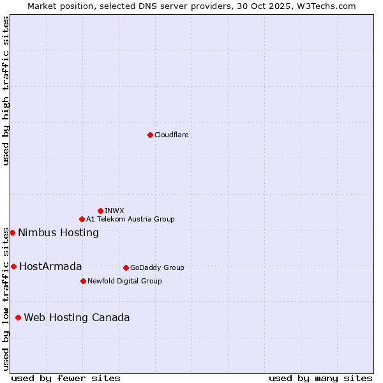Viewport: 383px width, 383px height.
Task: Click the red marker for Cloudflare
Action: click(x=150, y=135)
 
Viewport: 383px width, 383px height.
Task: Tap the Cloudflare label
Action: click(x=172, y=135)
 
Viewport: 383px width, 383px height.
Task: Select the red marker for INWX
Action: click(x=101, y=211)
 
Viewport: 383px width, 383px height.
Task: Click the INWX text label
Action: click(x=115, y=211)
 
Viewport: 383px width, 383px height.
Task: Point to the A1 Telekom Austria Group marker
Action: click(x=82, y=219)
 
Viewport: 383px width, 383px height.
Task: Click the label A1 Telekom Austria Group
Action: click(x=130, y=219)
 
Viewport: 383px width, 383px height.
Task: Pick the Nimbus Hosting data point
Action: click(x=12, y=232)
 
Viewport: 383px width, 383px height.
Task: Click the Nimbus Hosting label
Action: click(x=58, y=232)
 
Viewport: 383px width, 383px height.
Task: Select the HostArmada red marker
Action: click(x=13, y=266)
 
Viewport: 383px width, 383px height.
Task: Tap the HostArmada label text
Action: click(x=50, y=266)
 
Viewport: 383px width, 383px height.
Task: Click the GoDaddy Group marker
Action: click(x=126, y=267)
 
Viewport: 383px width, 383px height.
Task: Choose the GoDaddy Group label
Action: click(x=157, y=267)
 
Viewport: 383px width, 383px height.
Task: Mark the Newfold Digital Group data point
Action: click(x=83, y=281)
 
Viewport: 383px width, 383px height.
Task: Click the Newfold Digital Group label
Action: click(x=124, y=281)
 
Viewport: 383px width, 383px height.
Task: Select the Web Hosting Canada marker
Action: click(x=18, y=317)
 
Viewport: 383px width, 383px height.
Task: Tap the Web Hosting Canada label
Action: click(x=77, y=317)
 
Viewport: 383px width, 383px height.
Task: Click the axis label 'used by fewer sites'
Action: click(x=66, y=378)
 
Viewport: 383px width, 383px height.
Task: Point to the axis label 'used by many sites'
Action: click(x=320, y=378)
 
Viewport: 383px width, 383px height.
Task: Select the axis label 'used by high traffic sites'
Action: click(x=6, y=91)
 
